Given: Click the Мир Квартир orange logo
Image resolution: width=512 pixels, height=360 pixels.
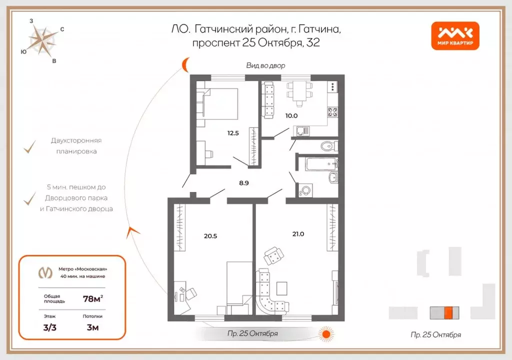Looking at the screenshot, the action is [455, 35].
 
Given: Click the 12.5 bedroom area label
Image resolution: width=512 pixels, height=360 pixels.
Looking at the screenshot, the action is [233, 133].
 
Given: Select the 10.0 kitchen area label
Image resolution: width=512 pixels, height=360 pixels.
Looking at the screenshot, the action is [291, 115].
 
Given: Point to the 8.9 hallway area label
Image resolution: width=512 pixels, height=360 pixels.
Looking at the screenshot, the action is [244, 183].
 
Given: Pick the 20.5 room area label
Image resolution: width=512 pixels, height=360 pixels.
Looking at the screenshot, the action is [210, 236].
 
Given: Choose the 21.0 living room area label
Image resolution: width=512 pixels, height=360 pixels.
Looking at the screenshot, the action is [298, 234].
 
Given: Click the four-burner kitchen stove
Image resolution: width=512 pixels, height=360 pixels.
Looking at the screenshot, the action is [332, 112].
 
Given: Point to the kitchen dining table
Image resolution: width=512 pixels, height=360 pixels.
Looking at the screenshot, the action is [299, 91].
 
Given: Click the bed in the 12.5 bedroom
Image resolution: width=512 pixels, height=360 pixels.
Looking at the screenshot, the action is [220, 103].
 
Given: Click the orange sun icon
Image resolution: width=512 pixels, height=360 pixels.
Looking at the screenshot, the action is [326, 334].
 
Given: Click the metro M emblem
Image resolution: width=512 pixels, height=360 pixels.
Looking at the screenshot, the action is [45, 272].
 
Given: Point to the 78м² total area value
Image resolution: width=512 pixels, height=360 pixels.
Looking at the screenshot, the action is [93, 298].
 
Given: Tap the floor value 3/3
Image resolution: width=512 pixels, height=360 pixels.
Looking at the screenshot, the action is [49, 327].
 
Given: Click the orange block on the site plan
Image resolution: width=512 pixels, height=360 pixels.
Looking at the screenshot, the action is [448, 312].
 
